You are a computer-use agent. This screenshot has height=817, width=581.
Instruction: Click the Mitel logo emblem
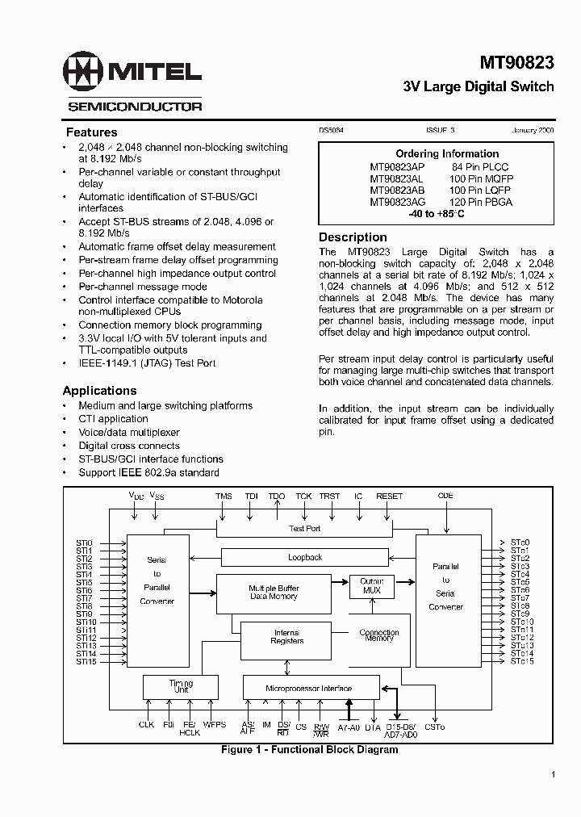pyautogui.click(x=85, y=73)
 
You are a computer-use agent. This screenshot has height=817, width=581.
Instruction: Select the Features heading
pyautogui.click(x=91, y=132)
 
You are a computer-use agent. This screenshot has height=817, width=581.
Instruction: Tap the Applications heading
pyautogui.click(x=99, y=391)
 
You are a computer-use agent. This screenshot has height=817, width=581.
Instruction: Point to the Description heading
pyautogui.click(x=353, y=237)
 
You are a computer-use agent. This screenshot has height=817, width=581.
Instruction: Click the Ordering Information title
pyautogui.click(x=447, y=153)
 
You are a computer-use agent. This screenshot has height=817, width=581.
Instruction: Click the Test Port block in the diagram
pyautogui.click(x=304, y=528)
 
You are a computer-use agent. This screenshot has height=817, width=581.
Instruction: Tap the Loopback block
pyautogui.click(x=305, y=557)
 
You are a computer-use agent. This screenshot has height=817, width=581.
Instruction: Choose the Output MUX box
pyautogui.click(x=371, y=586)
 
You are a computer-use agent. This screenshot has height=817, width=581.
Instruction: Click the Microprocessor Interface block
pyautogui.click(x=309, y=688)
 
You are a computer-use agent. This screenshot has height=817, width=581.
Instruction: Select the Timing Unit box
pyautogui.click(x=181, y=687)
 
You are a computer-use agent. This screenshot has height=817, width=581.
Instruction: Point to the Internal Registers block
pyautogui.click(x=286, y=637)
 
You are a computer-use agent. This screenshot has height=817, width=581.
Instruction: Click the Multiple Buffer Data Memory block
pyautogui.click(x=273, y=592)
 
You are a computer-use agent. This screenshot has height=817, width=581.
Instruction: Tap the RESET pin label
pyautogui.click(x=390, y=496)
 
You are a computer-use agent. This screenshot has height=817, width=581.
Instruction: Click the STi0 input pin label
pyautogui.click(x=85, y=543)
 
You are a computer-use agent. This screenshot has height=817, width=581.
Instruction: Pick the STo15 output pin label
pyautogui.click(x=521, y=661)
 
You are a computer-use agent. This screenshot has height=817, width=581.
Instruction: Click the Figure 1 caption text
pyautogui.click(x=309, y=749)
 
